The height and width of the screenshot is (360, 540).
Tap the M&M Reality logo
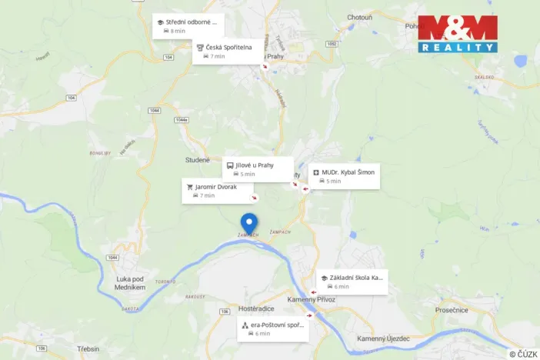[458, 33]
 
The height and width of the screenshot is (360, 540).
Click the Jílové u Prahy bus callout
[258, 169]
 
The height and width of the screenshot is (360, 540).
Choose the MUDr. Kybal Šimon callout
[345, 176]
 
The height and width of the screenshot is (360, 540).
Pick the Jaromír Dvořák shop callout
[218, 191]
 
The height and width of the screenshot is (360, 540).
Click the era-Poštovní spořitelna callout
[273, 329]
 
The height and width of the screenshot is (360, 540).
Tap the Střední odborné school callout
[188, 26]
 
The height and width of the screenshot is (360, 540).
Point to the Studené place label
[197, 159]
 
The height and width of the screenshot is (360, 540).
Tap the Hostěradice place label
[257, 308]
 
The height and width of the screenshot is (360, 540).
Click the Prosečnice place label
[452, 309]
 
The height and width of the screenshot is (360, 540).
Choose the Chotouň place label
[359, 16]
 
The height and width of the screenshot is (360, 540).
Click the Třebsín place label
[88, 348]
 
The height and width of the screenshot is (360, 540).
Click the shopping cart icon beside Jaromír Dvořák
[189, 186]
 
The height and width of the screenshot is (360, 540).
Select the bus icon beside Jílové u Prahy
[229, 165]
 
